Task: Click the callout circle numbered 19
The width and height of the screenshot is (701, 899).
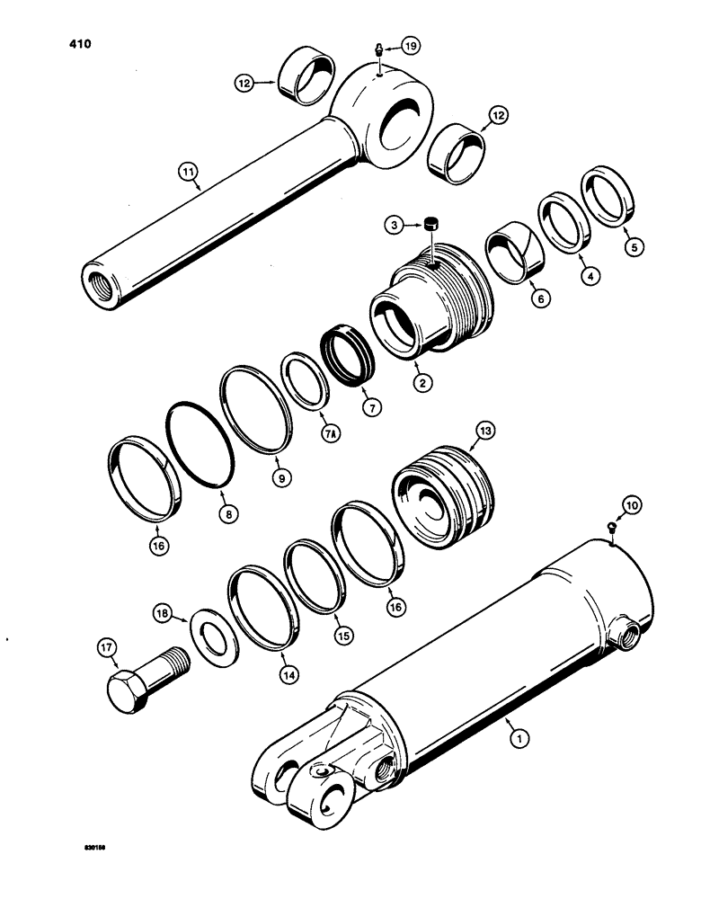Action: coord(409,46)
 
